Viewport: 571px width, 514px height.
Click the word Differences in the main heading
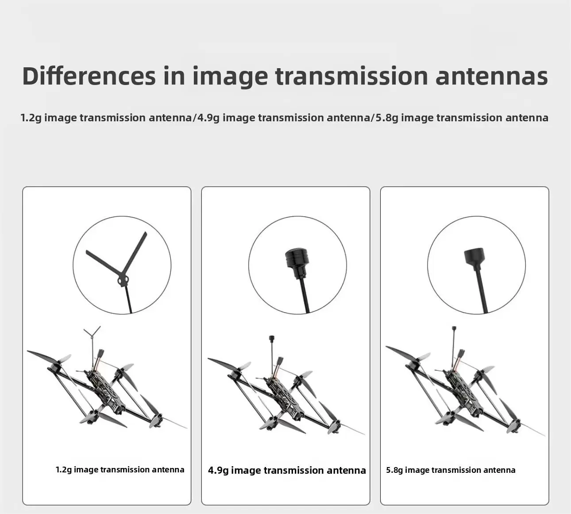[89, 76]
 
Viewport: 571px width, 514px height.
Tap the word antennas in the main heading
[492, 76]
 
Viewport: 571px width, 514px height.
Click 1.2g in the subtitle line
[31, 118]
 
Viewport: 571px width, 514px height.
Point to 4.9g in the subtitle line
[208, 118]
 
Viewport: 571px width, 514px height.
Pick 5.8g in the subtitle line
[387, 118]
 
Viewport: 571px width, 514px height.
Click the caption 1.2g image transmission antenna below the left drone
[120, 470]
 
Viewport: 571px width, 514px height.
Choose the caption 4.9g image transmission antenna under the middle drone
[287, 471]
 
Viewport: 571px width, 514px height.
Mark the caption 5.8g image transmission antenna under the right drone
[451, 470]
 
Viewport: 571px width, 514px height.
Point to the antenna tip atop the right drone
[454, 329]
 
